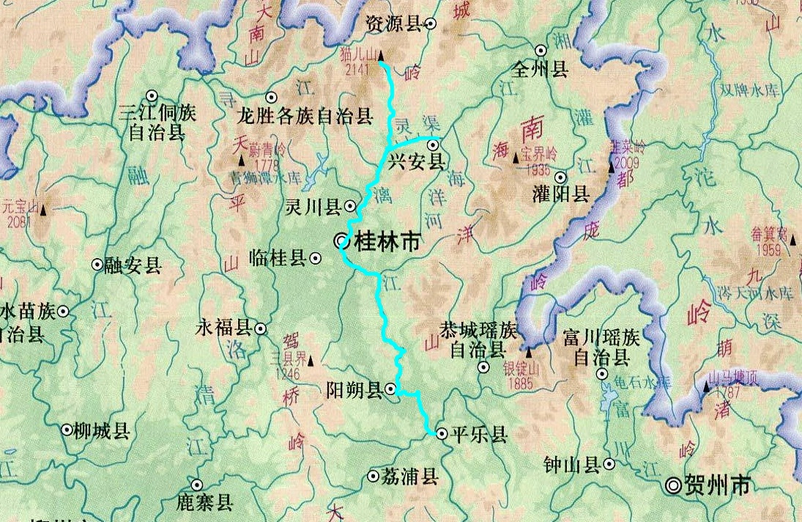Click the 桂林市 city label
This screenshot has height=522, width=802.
point(387,241)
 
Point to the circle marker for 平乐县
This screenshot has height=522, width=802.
point(442,434)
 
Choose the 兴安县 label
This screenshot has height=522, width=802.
point(416,162)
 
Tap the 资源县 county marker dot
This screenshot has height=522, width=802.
point(431,24)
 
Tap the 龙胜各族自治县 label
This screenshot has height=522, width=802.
point(305,117)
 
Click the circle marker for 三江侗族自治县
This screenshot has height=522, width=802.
point(152,95)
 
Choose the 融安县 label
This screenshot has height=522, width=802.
point(133,265)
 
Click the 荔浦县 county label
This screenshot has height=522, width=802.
point(409,477)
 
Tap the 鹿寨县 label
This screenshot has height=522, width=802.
point(204,502)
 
